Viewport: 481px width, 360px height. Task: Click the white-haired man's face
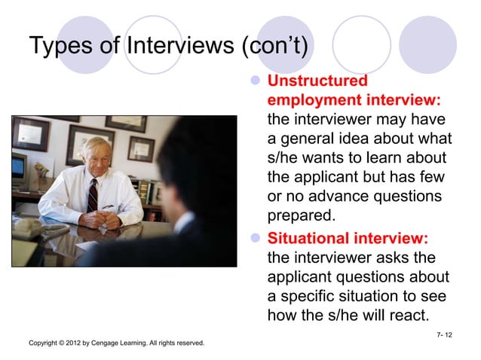coord(96,157)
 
